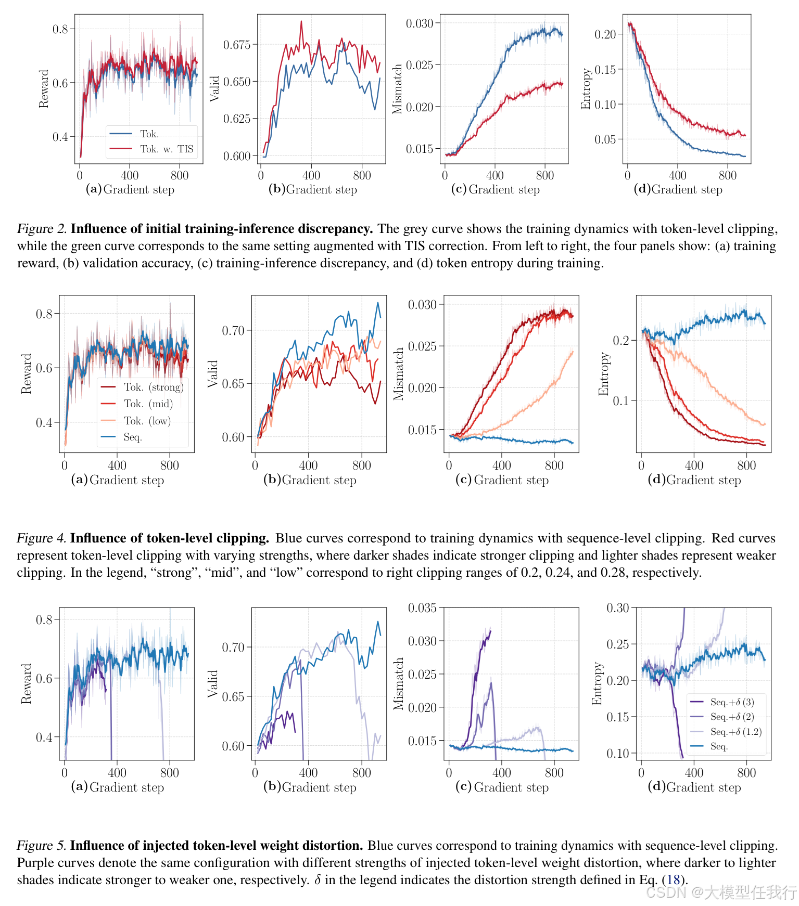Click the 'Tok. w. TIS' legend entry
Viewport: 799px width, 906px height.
tap(166, 149)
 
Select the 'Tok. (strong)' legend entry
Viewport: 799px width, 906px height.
tap(154, 387)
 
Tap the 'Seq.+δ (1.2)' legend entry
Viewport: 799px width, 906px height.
tap(735, 732)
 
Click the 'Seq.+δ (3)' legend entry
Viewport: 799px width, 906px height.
tap(732, 702)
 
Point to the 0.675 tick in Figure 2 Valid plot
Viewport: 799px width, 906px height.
tap(237, 45)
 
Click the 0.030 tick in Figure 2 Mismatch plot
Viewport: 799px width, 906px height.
tap(420, 23)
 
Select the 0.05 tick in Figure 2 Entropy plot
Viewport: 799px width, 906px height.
tap(605, 139)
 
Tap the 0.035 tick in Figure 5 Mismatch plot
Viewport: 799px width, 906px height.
tap(422, 608)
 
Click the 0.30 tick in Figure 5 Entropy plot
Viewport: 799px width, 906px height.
tap(618, 608)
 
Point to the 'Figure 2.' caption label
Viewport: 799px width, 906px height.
tap(42, 229)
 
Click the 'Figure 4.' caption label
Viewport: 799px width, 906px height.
tap(41, 538)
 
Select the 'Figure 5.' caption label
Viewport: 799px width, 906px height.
tap(41, 846)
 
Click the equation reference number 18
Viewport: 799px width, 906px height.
tap(673, 880)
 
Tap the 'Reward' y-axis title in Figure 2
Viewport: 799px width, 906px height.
tap(44, 89)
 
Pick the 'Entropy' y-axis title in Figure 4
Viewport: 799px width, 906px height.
tap(603, 374)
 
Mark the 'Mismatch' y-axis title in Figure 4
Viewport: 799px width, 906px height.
tap(399, 374)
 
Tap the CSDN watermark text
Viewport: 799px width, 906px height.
tap(721, 892)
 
